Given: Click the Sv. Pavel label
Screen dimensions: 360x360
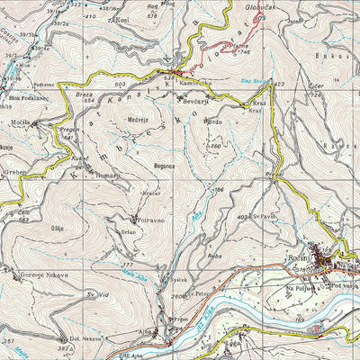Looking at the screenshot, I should tap(261, 216).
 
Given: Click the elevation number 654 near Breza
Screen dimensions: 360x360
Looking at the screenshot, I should tap(90, 100).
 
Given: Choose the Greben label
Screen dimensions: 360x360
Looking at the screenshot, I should tap(14, 171).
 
